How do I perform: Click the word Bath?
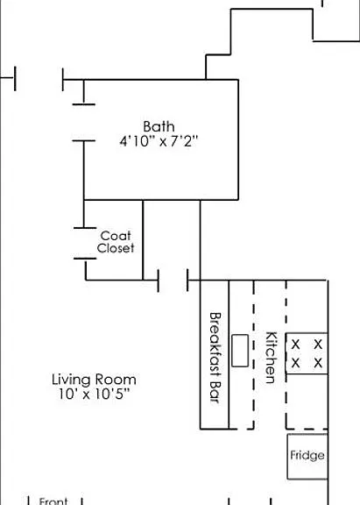point(159,126)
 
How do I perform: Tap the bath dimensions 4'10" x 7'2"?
point(159,141)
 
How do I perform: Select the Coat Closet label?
point(116,242)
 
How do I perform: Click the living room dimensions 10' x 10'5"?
point(94,394)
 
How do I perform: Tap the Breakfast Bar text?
point(215,358)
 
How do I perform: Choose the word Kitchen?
point(271,358)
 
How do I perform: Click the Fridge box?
point(307,456)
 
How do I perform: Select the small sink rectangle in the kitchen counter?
point(240,351)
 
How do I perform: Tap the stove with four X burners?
point(307,353)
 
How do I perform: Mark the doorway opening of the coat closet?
point(85,243)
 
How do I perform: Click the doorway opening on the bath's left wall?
point(83,123)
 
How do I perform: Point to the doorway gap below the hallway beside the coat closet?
point(173,281)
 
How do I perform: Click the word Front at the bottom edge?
point(53,501)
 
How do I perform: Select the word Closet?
point(116,248)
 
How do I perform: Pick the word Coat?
point(116,236)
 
